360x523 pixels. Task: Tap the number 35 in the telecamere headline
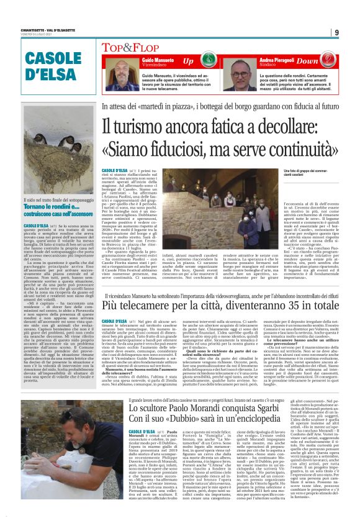tap(305, 306)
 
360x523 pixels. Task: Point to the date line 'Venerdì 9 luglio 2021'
tap(40, 39)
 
